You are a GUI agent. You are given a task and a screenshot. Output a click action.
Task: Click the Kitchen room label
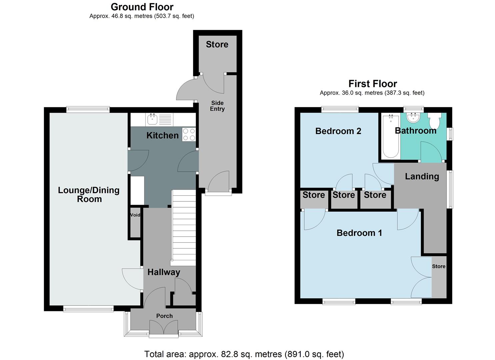tap(163, 135)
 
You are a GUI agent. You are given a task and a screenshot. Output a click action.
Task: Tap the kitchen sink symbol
tap(153, 119)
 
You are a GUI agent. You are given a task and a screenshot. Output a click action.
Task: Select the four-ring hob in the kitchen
tap(189, 135)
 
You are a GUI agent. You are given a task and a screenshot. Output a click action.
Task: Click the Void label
tap(135, 215)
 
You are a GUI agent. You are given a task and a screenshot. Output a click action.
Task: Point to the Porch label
tap(164, 316)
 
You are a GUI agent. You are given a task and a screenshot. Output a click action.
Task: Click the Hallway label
tap(164, 272)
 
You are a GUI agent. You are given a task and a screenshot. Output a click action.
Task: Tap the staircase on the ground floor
tap(183, 227)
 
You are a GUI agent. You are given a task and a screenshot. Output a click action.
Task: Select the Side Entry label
tap(217, 106)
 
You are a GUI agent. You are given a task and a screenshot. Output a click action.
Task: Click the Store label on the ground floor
tap(217, 44)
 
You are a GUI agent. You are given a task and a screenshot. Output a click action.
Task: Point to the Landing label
tap(422, 176)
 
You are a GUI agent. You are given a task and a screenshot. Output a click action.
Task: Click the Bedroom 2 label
tap(338, 131)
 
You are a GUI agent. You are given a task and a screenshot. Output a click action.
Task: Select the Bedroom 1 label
tap(359, 233)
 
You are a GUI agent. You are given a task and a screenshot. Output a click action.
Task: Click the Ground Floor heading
tap(142, 7)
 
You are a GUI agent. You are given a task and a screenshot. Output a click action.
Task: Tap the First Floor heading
tap(373, 84)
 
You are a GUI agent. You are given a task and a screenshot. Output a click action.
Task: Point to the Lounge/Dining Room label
tap(89, 195)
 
